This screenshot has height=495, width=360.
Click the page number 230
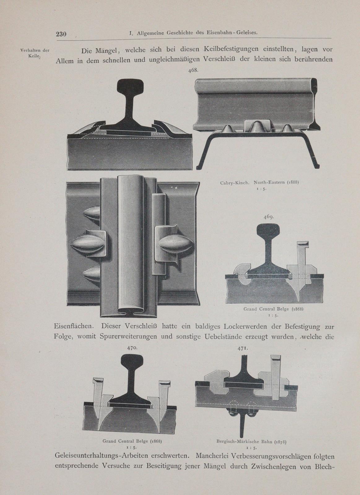point(61,34)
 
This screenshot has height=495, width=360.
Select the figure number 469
point(269,217)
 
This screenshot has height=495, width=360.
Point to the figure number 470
point(133,348)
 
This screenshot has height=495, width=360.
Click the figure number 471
point(243,348)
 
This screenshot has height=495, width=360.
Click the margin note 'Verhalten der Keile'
point(35,53)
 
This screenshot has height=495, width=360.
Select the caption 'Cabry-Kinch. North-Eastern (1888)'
point(259,183)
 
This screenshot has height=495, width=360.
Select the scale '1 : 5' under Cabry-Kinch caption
point(259,189)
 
